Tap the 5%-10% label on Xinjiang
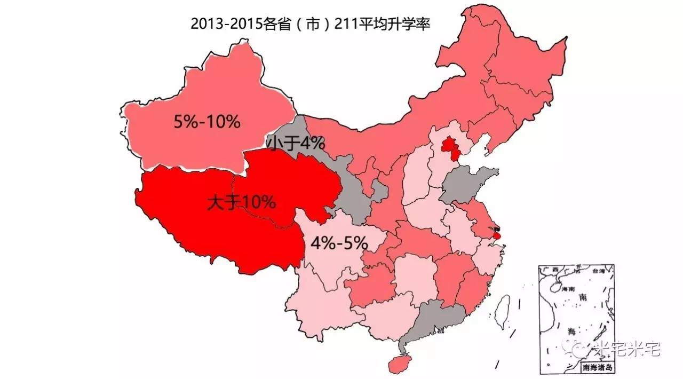207,122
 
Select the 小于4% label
296,143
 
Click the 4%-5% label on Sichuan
339,243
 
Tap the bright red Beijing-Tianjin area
451,149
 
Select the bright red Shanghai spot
497,235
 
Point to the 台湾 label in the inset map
599,271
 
